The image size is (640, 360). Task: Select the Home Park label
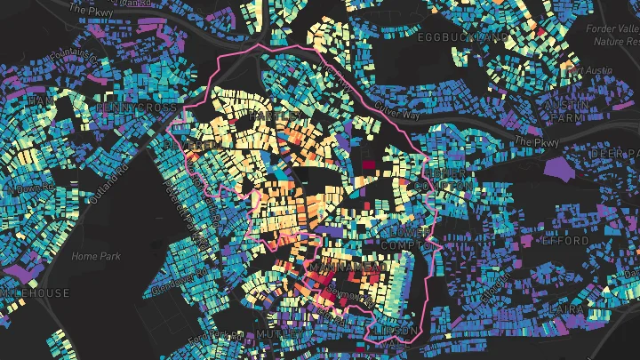pyautogui.click(x=95, y=256)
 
